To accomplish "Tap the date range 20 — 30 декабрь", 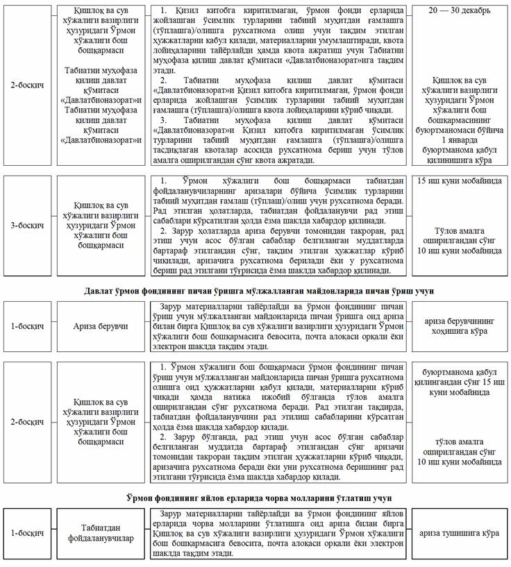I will [x=459, y=11].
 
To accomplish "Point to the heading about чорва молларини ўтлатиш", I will [x=255, y=498].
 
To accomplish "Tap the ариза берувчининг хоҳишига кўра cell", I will [x=459, y=325].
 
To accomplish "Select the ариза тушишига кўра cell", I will [x=459, y=533].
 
